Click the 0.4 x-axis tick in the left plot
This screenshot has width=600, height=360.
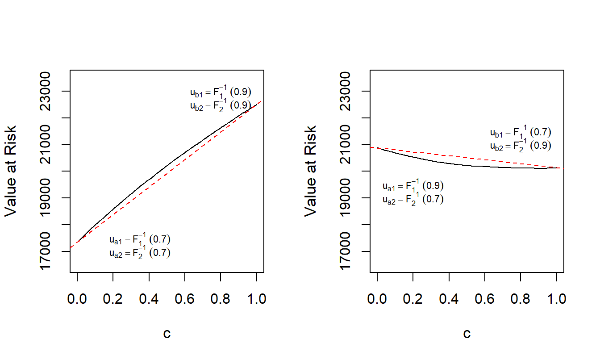149,298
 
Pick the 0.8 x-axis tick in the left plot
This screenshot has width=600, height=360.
221,298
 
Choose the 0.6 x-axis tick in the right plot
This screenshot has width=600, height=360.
485,298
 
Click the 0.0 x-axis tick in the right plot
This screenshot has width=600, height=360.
377,298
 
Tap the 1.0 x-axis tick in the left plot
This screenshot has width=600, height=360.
256,298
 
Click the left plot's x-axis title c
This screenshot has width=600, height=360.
167,333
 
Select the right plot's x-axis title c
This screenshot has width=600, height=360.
467,333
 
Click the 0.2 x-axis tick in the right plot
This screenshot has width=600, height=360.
413,298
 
